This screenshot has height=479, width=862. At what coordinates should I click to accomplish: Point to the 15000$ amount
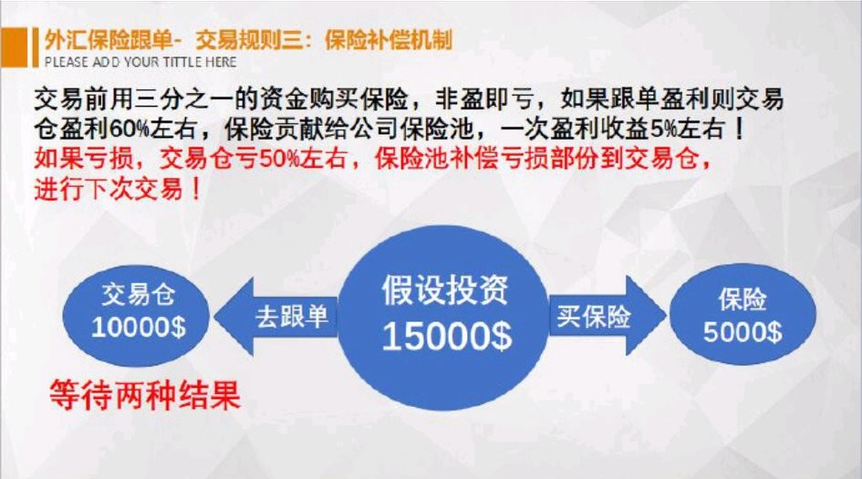[x=446, y=337]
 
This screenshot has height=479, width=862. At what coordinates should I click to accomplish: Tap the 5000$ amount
[x=742, y=331]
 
